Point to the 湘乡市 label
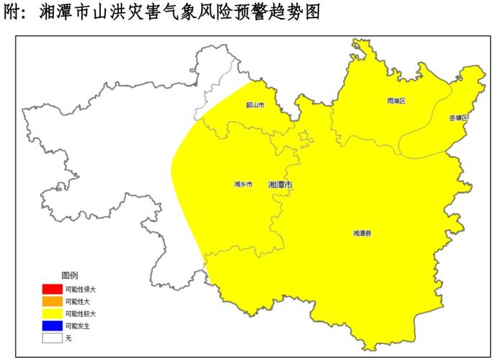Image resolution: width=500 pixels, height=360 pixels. [244, 184]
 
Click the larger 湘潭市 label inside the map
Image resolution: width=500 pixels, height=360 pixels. [280, 185]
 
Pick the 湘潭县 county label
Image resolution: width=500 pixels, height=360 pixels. [362, 233]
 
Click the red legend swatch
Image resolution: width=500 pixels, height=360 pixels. [51, 289]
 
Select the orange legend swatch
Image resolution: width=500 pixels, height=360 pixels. [51, 301]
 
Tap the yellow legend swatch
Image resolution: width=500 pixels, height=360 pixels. [51, 313]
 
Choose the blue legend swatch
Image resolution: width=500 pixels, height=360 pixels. [51, 325]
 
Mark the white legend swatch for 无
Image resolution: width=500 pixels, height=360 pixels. [51, 337]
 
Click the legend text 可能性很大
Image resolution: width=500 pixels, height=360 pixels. [81, 289]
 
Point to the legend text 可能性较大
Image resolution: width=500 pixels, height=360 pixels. [81, 314]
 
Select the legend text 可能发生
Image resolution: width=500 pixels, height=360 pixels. [79, 325]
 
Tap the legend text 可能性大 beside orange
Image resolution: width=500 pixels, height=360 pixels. [79, 301]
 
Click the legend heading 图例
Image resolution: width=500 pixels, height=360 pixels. [69, 276]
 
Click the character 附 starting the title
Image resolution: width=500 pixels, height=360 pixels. [14, 13]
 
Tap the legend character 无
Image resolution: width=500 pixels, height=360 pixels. [68, 337]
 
